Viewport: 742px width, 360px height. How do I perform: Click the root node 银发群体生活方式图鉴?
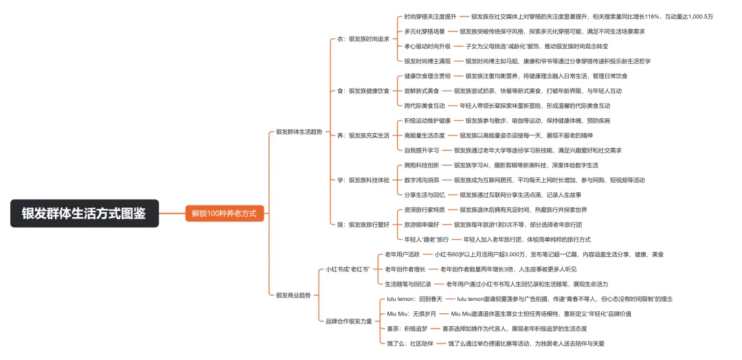[84, 213]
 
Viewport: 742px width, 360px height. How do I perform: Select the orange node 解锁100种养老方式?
[223, 213]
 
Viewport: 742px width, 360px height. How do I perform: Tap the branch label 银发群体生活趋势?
[298, 131]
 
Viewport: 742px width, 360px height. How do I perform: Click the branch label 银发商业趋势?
[293, 295]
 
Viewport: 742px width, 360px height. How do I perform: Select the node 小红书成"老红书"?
[348, 269]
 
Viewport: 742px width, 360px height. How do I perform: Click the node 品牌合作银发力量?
[348, 321]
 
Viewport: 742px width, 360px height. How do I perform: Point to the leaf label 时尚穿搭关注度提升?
[430, 16]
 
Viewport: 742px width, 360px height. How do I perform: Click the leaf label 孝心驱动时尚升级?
[427, 46]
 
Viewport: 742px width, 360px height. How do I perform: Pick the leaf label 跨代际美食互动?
[424, 105]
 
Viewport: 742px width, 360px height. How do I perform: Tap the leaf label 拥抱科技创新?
[421, 165]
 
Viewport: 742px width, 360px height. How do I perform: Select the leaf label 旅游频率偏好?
[421, 224]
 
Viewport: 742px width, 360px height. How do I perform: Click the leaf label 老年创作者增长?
[405, 269]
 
